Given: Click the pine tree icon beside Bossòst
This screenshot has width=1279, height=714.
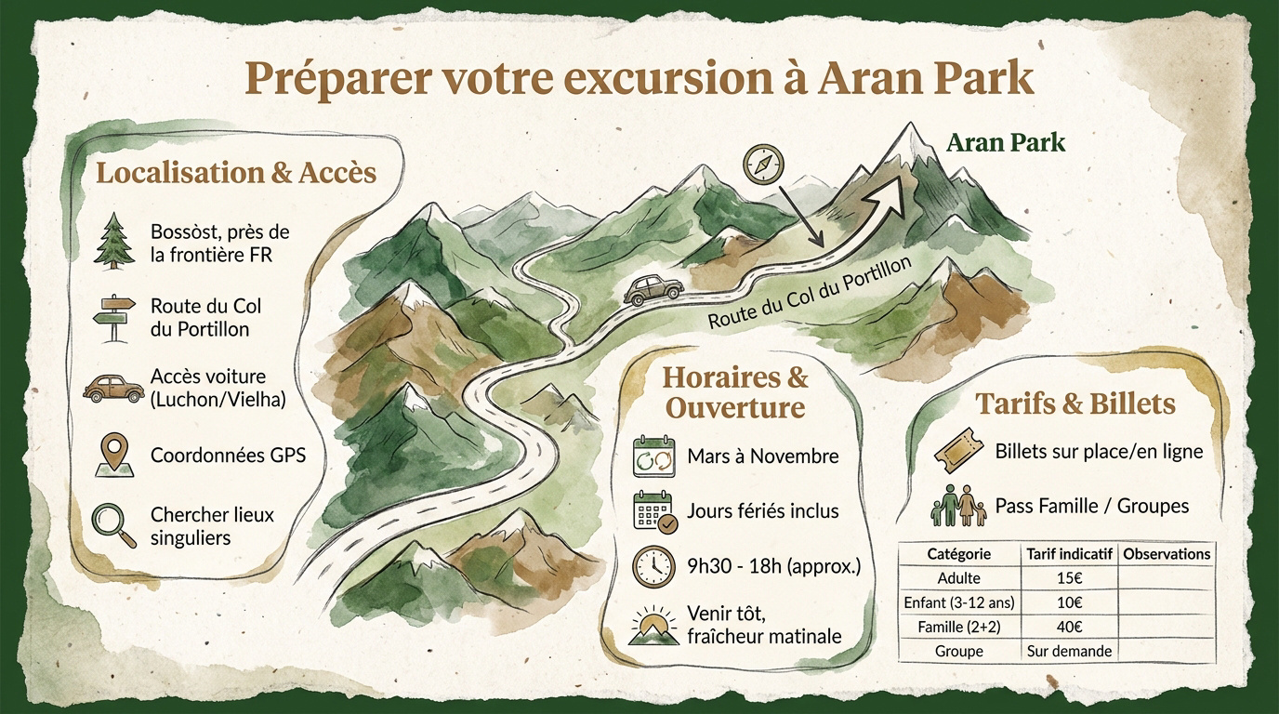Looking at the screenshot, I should [112, 241].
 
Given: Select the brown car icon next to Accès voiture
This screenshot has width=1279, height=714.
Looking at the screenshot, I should [111, 388].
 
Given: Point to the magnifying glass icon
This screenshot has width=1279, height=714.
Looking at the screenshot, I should [112, 523].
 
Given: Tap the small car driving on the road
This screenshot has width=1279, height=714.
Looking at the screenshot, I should [653, 290].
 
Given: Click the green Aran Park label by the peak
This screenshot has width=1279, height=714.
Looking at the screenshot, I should [1006, 143].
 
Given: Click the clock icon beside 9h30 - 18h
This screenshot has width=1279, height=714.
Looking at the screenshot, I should [653, 564].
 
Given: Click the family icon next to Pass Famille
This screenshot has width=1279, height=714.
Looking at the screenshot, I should [957, 507].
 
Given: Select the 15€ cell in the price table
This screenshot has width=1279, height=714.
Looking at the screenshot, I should [1069, 578].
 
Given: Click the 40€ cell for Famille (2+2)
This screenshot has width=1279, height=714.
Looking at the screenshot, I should [1069, 627].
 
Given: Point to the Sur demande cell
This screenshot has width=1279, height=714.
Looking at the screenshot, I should [1069, 651].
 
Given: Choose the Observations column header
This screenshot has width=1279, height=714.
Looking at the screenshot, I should [1167, 554].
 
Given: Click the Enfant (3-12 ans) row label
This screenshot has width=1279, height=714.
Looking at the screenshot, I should [959, 602].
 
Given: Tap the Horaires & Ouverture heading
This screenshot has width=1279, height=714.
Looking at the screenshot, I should [735, 392].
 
